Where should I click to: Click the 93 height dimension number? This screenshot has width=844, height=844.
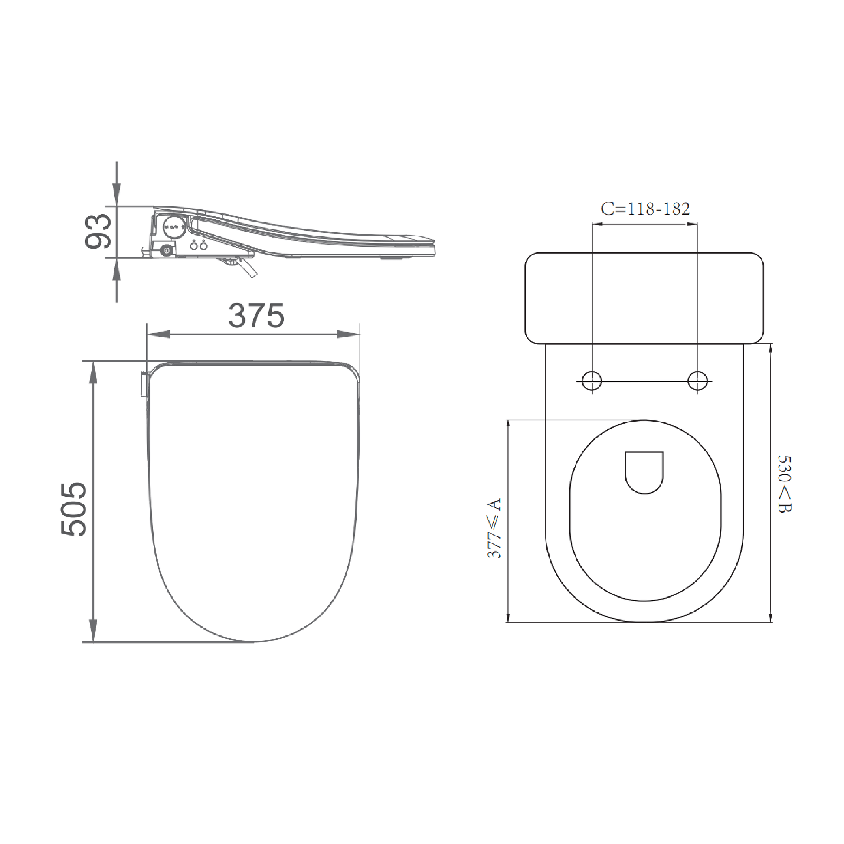98,232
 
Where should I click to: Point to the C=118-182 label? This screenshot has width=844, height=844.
645,209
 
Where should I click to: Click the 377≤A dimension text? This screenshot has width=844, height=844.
494,528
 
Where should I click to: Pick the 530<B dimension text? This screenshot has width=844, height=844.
785,484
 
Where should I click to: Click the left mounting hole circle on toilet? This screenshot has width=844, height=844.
592,381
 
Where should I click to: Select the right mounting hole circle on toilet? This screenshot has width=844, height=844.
697,381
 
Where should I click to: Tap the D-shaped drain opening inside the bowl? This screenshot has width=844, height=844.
644,472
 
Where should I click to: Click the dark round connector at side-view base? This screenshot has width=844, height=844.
166,250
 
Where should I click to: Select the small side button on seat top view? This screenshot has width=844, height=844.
143,384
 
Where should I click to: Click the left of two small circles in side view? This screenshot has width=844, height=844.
194,246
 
